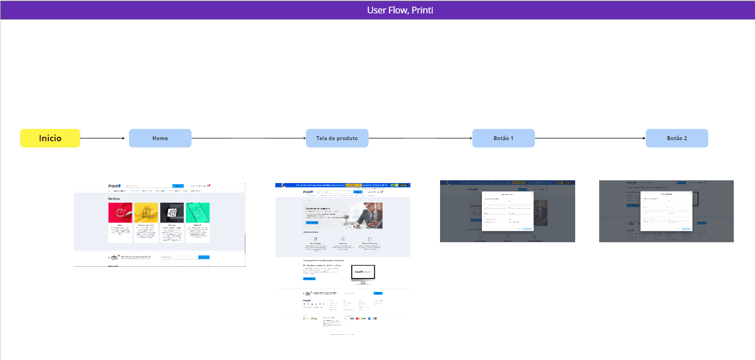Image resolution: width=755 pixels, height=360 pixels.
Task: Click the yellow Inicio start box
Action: tap(50, 138)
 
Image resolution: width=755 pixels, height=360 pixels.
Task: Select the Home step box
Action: tap(160, 138)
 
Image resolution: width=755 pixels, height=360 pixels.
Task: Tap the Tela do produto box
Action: tap(337, 138)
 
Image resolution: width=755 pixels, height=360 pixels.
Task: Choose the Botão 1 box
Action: tap(504, 138)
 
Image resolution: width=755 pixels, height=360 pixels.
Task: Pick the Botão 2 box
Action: tap(677, 138)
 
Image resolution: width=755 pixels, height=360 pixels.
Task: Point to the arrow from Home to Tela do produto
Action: tap(249, 138)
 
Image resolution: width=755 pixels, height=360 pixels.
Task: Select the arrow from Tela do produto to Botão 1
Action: tap(420, 138)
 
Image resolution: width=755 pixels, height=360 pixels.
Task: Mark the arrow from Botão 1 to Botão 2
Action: tap(590, 138)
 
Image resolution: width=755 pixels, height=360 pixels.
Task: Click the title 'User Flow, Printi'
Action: tap(400, 10)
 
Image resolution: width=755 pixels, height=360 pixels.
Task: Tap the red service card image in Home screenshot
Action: tap(120, 213)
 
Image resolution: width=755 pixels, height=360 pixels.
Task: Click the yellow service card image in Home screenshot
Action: tap(146, 213)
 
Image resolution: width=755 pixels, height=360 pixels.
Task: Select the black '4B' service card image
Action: tap(172, 213)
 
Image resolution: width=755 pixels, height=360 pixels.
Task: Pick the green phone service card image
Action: tap(198, 213)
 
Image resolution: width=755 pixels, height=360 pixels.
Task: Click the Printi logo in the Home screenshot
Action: tap(114, 186)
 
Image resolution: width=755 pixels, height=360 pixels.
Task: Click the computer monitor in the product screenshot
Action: tap(362, 273)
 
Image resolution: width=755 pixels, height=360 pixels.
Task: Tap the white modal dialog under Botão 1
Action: tap(508, 211)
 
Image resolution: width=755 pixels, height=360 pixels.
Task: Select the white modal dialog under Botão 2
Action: tap(666, 211)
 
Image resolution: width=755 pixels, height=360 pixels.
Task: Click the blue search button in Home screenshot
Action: tap(178, 186)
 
